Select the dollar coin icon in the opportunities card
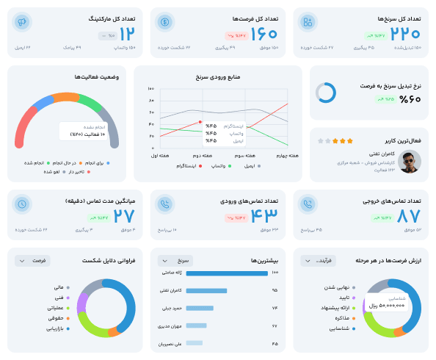click(164, 22)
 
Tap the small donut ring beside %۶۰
click(326, 93)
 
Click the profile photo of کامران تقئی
click(410, 161)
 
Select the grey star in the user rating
click(321, 140)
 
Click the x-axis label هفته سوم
click(244, 156)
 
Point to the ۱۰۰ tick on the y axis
click(150, 88)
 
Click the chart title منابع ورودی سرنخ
click(219, 76)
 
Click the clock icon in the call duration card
click(23, 204)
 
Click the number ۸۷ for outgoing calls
click(408, 216)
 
